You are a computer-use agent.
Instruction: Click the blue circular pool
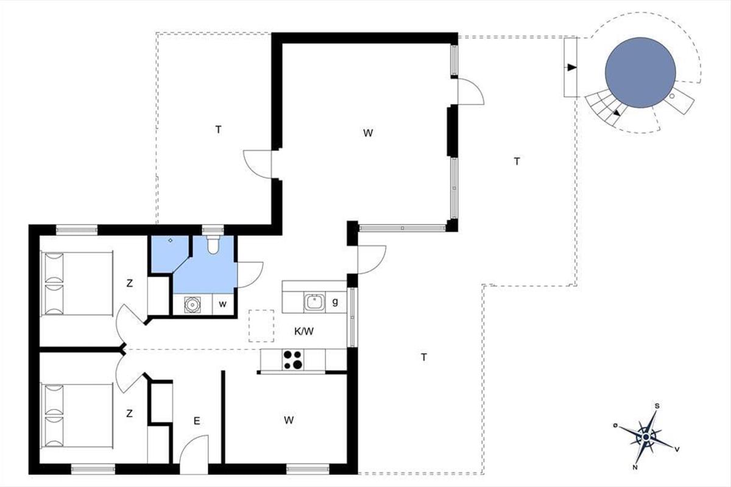(x=640, y=72)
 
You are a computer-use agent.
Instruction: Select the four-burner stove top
(x=293, y=360)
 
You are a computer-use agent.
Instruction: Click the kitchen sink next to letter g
(x=314, y=302)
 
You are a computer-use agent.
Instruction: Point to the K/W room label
(x=304, y=332)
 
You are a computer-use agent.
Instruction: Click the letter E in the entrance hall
(x=196, y=421)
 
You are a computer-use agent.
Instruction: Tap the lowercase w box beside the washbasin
(x=223, y=304)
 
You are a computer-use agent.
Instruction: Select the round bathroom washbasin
(x=192, y=304)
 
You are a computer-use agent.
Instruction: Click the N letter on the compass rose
(x=635, y=468)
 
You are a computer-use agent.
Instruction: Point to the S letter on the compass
(x=657, y=406)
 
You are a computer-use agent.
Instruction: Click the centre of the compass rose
(x=646, y=437)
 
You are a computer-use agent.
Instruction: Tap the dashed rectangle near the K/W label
(x=261, y=326)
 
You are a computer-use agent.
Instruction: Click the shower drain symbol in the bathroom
(x=171, y=240)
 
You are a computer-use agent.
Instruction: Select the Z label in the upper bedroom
(x=130, y=284)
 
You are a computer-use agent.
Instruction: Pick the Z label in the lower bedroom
(x=129, y=413)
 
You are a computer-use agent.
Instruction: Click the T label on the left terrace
(x=218, y=130)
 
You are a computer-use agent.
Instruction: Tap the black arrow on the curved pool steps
(x=616, y=113)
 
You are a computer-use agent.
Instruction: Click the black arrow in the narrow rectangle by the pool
(x=572, y=68)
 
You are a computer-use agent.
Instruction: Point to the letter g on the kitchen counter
(x=335, y=302)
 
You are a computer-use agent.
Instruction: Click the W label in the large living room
(x=368, y=133)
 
